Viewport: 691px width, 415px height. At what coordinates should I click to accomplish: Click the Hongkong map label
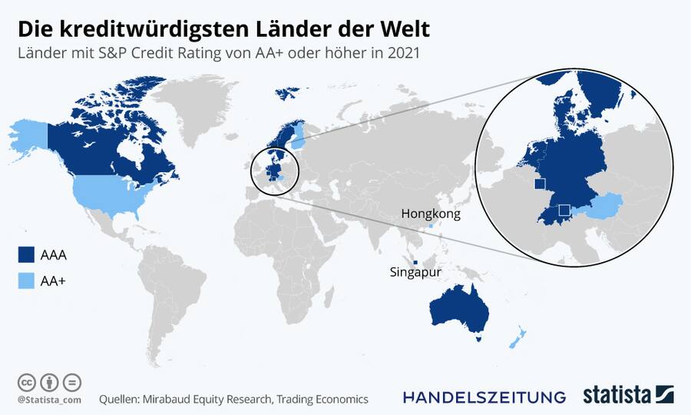[431, 214]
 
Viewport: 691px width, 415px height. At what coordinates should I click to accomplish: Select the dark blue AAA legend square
[27, 254]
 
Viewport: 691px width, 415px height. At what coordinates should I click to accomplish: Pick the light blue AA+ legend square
[27, 282]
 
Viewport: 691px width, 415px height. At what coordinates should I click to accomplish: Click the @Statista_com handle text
[48, 399]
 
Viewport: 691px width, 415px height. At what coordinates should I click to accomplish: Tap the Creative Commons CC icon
[25, 382]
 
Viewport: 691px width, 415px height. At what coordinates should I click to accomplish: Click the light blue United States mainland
[115, 196]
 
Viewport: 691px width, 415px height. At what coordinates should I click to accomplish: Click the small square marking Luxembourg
[539, 184]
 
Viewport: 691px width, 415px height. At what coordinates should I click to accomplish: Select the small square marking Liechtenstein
[564, 210]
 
